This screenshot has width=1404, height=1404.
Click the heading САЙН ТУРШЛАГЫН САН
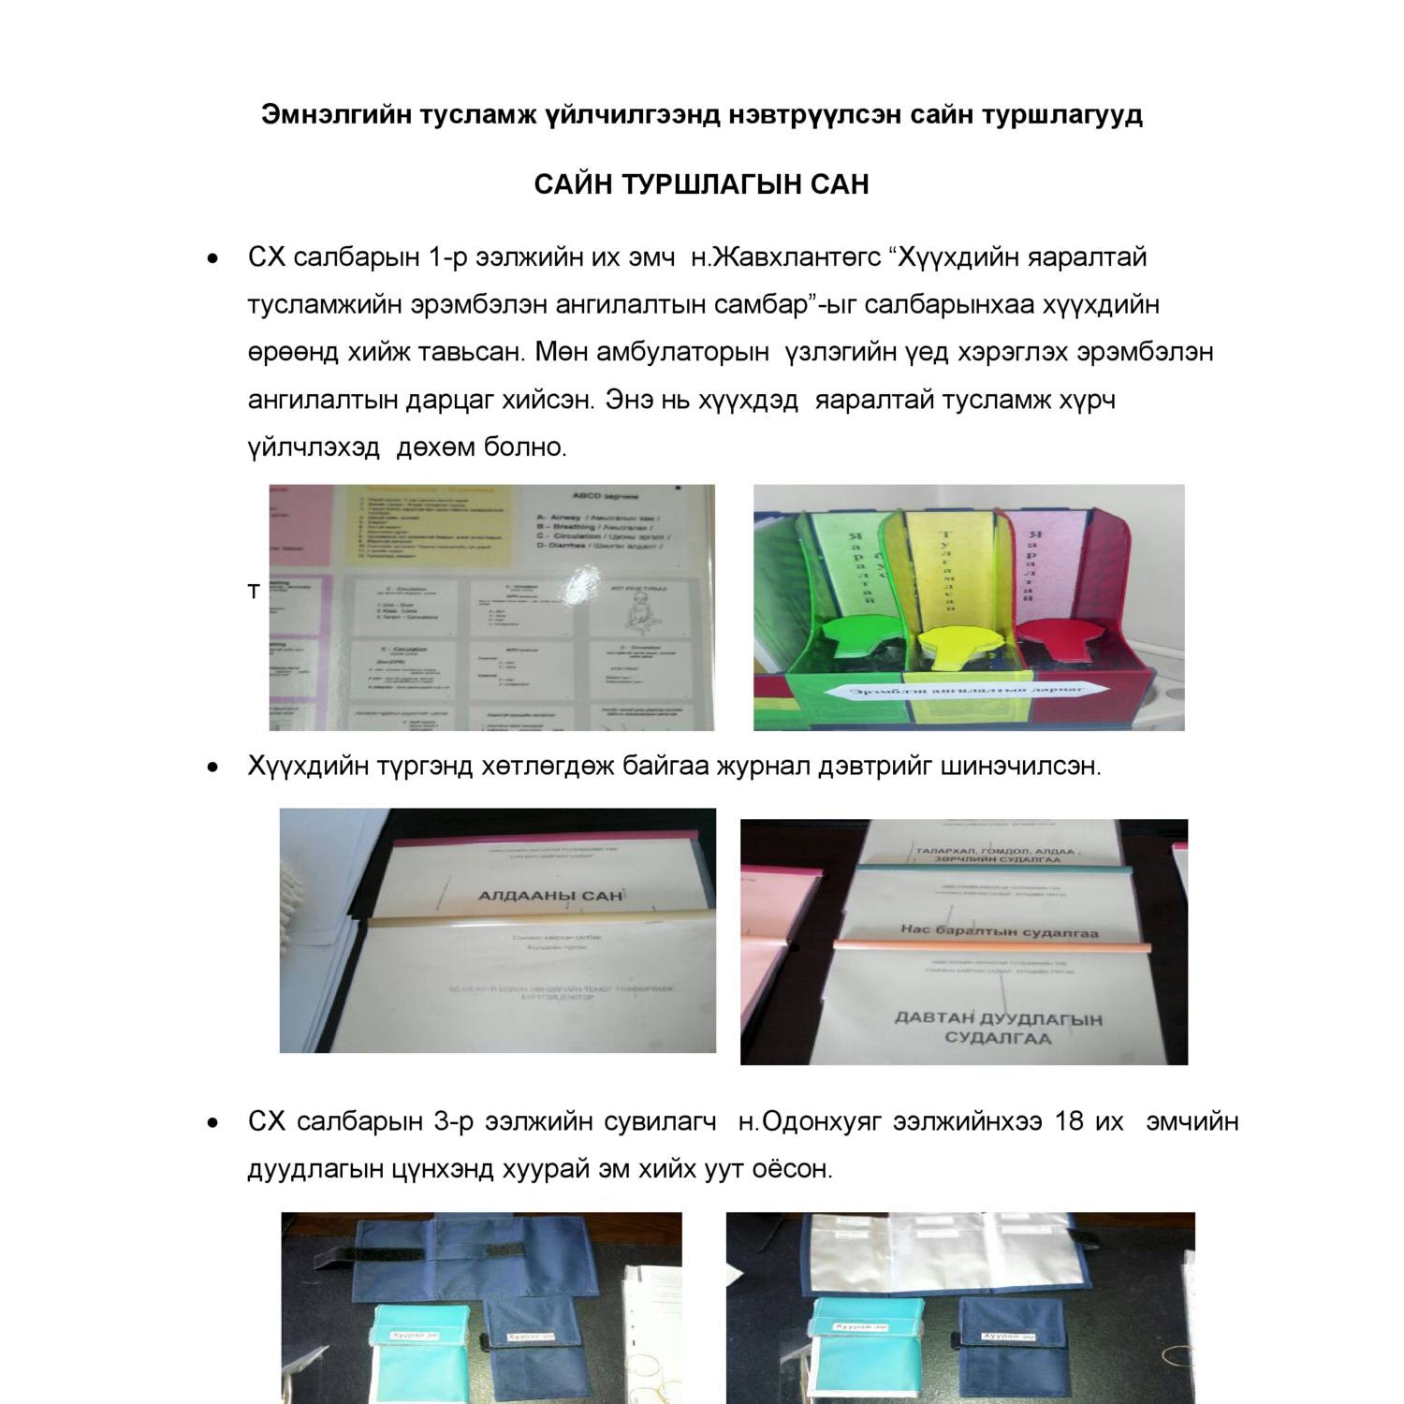[701, 184]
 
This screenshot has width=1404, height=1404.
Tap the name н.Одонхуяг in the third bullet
[810, 1120]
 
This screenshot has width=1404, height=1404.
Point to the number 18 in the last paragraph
[1069, 1120]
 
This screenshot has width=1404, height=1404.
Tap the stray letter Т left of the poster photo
[253, 592]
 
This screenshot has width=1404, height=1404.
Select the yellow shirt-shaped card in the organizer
[959, 646]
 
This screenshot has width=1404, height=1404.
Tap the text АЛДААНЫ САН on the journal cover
[550, 896]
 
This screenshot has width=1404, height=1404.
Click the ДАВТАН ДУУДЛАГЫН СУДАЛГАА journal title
[998, 1028]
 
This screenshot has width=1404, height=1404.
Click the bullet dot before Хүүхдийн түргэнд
[214, 768]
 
